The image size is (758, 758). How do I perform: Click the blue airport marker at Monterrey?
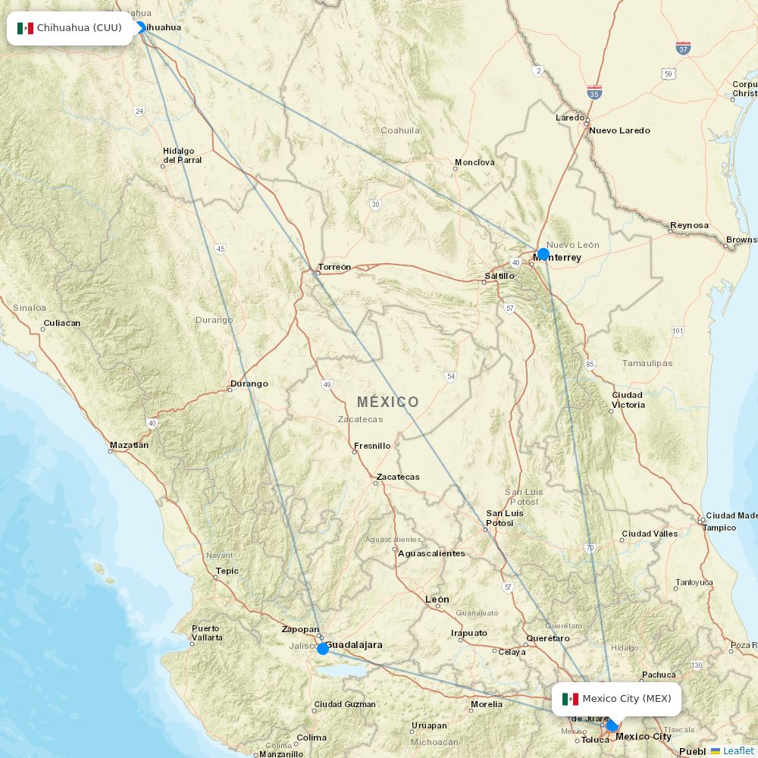(x=543, y=254)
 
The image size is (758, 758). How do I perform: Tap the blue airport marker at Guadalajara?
(x=323, y=648)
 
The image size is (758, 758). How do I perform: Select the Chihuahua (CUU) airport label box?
(x=70, y=28)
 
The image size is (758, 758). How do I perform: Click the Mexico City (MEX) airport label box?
(x=616, y=699)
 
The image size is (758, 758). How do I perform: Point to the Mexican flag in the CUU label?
(x=25, y=28)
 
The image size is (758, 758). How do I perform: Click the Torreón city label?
(x=334, y=267)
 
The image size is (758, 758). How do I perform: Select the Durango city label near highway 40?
(x=249, y=384)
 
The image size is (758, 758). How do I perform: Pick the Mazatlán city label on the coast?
(x=129, y=445)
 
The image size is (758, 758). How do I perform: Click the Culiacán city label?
(x=61, y=323)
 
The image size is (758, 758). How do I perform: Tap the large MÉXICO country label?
(x=387, y=402)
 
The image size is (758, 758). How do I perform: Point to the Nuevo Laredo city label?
(x=619, y=130)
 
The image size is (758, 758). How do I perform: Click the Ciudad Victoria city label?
(x=628, y=399)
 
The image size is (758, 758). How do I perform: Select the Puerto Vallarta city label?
(x=207, y=633)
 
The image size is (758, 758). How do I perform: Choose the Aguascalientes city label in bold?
(x=431, y=553)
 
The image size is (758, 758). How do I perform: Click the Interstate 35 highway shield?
(x=595, y=92)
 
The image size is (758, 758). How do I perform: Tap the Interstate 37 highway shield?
(x=683, y=49)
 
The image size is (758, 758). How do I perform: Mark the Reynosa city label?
(x=689, y=225)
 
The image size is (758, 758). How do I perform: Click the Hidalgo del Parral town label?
(x=183, y=155)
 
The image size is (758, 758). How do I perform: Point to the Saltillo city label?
(x=500, y=276)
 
